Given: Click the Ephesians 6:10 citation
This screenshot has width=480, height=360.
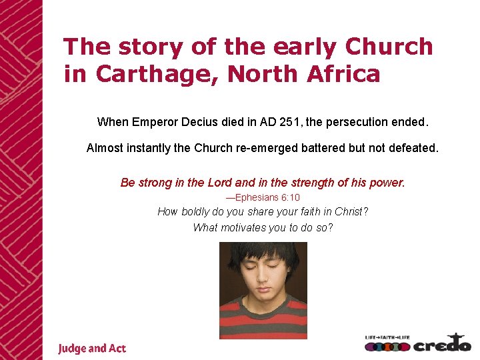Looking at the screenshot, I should [263, 197].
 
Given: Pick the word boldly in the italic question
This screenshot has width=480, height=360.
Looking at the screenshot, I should [199, 212].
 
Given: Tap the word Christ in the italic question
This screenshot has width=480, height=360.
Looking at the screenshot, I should [351, 212].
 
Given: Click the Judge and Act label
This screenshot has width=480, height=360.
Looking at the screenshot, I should [91, 349].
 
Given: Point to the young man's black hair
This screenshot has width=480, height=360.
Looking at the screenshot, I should [263, 252].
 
